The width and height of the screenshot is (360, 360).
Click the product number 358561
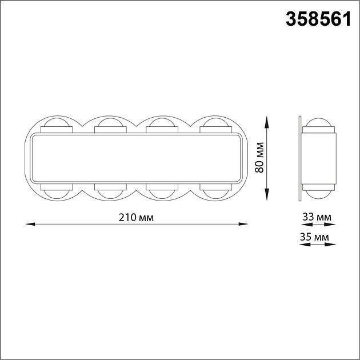pyautogui.click(x=318, y=19)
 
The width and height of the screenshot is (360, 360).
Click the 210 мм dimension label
pyautogui.click(x=136, y=217)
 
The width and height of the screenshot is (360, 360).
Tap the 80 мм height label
pyautogui.click(x=259, y=158)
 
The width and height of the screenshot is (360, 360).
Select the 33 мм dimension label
pyautogui.click(x=317, y=217)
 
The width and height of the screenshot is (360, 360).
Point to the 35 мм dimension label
pyautogui.click(x=314, y=237)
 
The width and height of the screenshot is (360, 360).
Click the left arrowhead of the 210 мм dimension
pyautogui.click(x=30, y=224)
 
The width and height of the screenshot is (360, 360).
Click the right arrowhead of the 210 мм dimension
pyautogui.click(x=243, y=224)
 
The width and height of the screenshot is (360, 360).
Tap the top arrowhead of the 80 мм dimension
pyautogui.click(x=266, y=122)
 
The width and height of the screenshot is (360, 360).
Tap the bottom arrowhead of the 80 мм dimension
pyautogui.click(x=266, y=194)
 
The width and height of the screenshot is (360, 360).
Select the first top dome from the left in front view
pyautogui.click(x=57, y=122)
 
